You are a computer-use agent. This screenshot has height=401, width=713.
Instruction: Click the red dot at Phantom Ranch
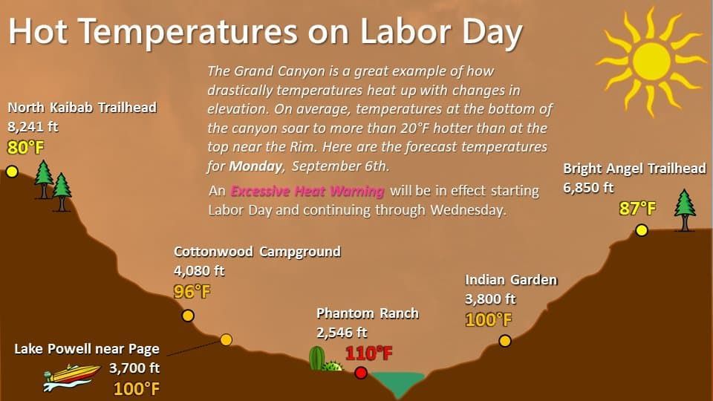tap(361, 373)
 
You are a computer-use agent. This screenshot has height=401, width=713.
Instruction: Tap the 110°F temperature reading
tap(368, 353)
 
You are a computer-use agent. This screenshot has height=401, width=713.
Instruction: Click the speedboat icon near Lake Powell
tap(72, 376)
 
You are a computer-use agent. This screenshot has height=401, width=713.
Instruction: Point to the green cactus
tap(317, 358)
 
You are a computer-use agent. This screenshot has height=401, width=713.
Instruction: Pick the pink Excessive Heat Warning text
tap(307, 191)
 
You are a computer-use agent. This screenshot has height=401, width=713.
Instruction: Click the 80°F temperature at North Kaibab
tap(25, 148)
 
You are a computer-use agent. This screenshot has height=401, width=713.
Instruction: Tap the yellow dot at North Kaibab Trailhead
tap(12, 172)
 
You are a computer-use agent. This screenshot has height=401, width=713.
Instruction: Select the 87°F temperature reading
tap(637, 209)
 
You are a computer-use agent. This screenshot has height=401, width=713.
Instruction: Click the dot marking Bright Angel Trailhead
tap(642, 230)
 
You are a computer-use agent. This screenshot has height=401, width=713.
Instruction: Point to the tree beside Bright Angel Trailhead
tap(685, 210)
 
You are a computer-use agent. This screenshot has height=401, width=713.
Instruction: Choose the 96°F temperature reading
tap(192, 291)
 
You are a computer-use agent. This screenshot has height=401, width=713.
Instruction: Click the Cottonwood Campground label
tap(258, 252)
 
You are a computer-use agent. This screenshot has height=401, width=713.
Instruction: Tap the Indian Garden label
tap(511, 280)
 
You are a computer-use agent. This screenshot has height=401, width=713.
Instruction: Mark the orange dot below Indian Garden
tap(505, 341)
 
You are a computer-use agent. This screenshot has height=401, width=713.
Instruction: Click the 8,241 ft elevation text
tap(33, 127)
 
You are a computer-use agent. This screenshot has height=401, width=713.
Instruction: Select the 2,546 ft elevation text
tap(342, 333)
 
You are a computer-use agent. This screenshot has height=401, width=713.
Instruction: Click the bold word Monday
tap(256, 166)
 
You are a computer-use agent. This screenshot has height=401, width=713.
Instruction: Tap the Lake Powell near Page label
tap(87, 349)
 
